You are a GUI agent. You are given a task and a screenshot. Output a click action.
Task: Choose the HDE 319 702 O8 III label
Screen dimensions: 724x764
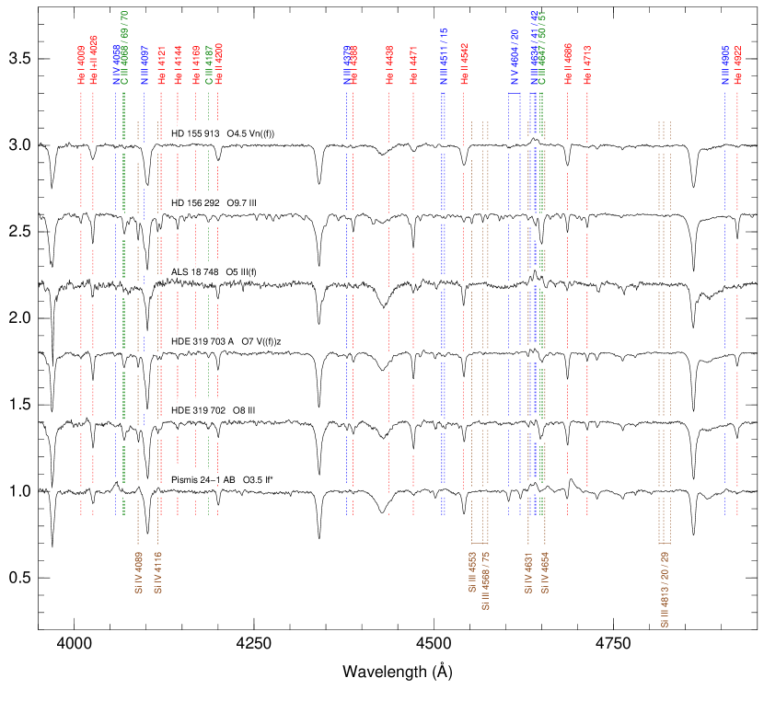(214, 410)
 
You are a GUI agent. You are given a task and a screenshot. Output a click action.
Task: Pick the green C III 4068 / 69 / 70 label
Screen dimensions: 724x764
(124, 48)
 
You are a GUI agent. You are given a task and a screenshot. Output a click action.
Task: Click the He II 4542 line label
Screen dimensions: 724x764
(464, 65)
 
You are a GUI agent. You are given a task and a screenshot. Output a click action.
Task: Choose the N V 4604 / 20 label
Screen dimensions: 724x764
(515, 56)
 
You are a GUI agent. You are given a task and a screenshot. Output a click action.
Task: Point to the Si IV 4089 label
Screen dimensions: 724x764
(138, 573)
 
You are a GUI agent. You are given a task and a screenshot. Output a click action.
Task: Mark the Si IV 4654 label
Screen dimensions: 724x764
(545, 573)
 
